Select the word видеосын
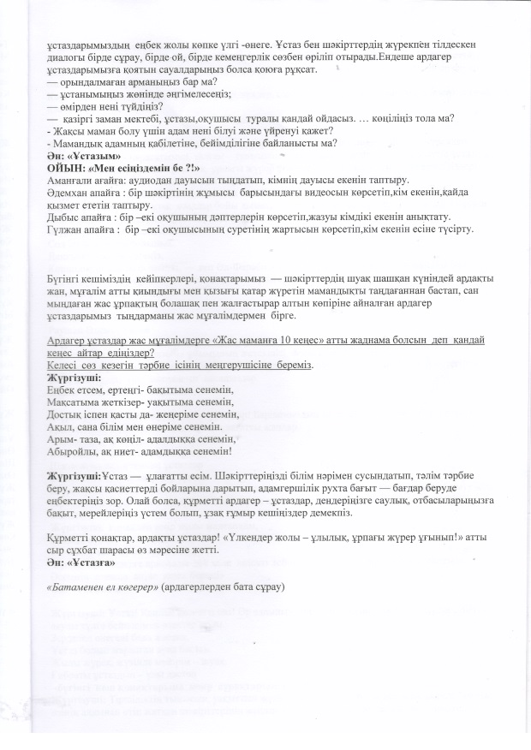click(x=313, y=194)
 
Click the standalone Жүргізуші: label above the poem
click(x=75, y=376)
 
